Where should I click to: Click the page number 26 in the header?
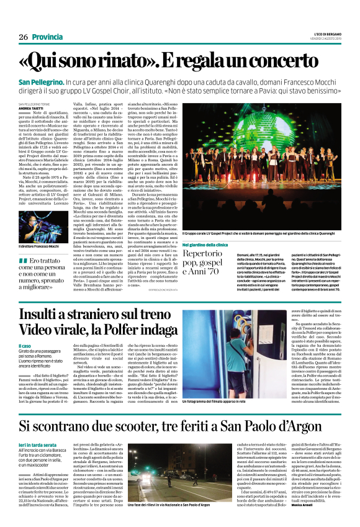[24, 38]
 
